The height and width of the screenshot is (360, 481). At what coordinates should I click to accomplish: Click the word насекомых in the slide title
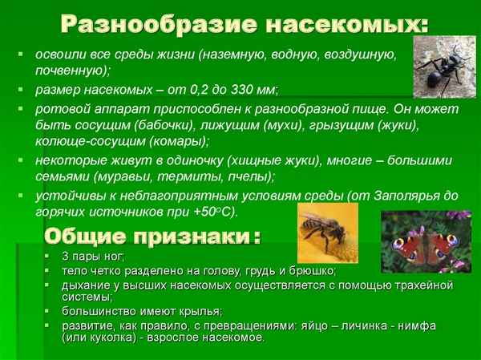tap(335, 24)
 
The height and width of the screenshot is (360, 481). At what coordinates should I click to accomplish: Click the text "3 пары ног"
tap(87, 257)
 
